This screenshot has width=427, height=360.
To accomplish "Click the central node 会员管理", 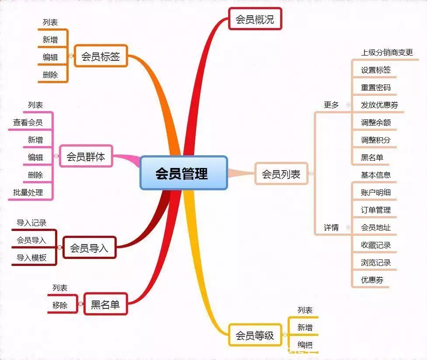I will point(184,173).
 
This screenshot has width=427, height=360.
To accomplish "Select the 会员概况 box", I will point(254,20).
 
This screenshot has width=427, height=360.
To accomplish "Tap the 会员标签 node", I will point(101,56).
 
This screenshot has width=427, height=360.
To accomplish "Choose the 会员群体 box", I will point(86,157).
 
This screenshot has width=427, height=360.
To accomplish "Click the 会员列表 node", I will point(281,174).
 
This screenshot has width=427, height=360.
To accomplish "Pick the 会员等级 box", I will point(255,336).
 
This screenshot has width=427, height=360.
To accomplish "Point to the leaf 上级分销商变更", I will point(387,52).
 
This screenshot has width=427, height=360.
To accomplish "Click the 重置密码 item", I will point(375,87).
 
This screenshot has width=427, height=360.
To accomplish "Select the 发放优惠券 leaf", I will point(379,105).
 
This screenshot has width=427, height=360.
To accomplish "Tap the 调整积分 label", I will point(375,140).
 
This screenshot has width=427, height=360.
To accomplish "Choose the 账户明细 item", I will point(375,192).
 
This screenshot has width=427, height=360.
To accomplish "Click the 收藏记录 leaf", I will point(375,245).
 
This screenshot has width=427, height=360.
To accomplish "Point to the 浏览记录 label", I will point(375,262).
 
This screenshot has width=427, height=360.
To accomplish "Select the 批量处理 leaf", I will point(28,192).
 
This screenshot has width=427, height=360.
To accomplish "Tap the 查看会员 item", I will point(28,122).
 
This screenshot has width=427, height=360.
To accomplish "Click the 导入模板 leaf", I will point(31,258).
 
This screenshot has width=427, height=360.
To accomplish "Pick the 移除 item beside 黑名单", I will point(60,305).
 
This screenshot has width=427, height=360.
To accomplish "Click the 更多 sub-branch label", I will point(331,105).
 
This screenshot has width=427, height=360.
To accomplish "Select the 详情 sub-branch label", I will point(331,227).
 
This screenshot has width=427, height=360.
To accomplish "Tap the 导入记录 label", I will point(31,223).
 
